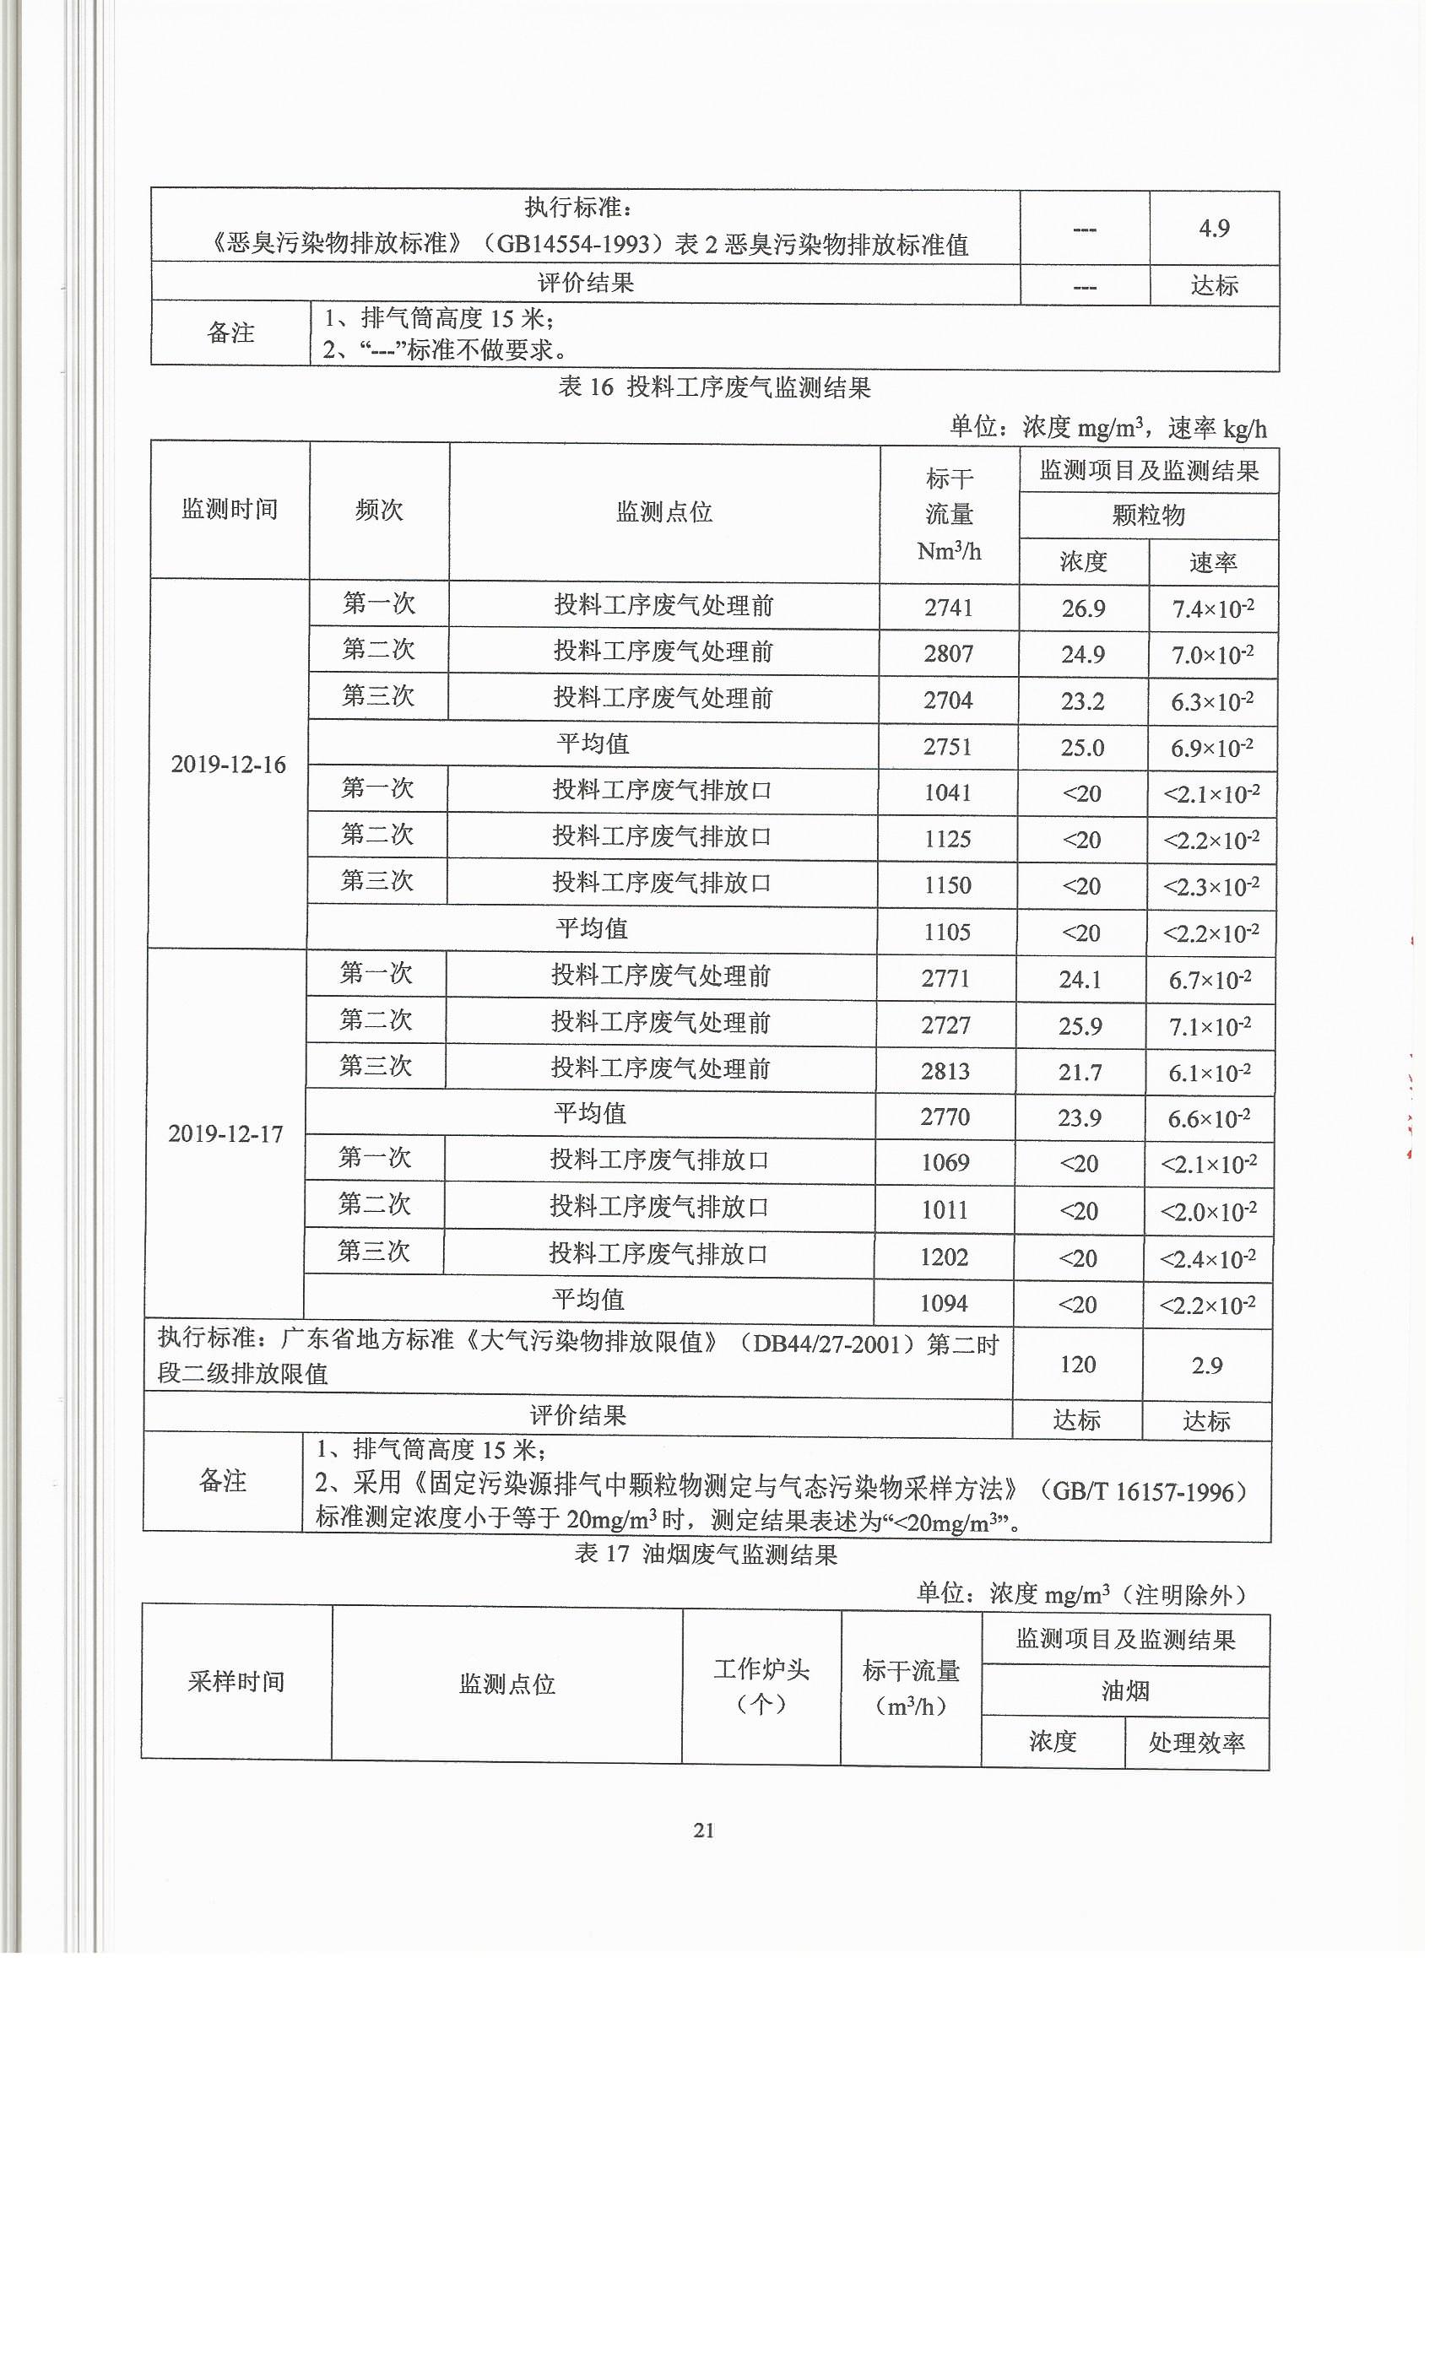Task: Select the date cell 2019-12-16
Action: coord(228,765)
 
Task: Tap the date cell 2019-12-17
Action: coord(225,1133)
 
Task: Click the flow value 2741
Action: coord(949,607)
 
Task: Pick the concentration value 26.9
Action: coord(1083,608)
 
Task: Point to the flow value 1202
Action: coord(944,1257)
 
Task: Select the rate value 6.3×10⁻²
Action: coord(1211,701)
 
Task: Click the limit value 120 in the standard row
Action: coord(1077,1364)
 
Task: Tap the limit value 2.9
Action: coord(1207,1365)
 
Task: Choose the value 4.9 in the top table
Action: coord(1214,227)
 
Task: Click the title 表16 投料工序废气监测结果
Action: coord(715,387)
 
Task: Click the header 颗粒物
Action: coord(1148,515)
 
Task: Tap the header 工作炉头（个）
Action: coord(761,1685)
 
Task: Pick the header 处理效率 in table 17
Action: coord(1196,1743)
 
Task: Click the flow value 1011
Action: coord(945,1209)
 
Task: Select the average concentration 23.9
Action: coord(1080,1117)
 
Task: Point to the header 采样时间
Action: coord(236,1681)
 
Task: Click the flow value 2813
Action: coord(945,1070)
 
